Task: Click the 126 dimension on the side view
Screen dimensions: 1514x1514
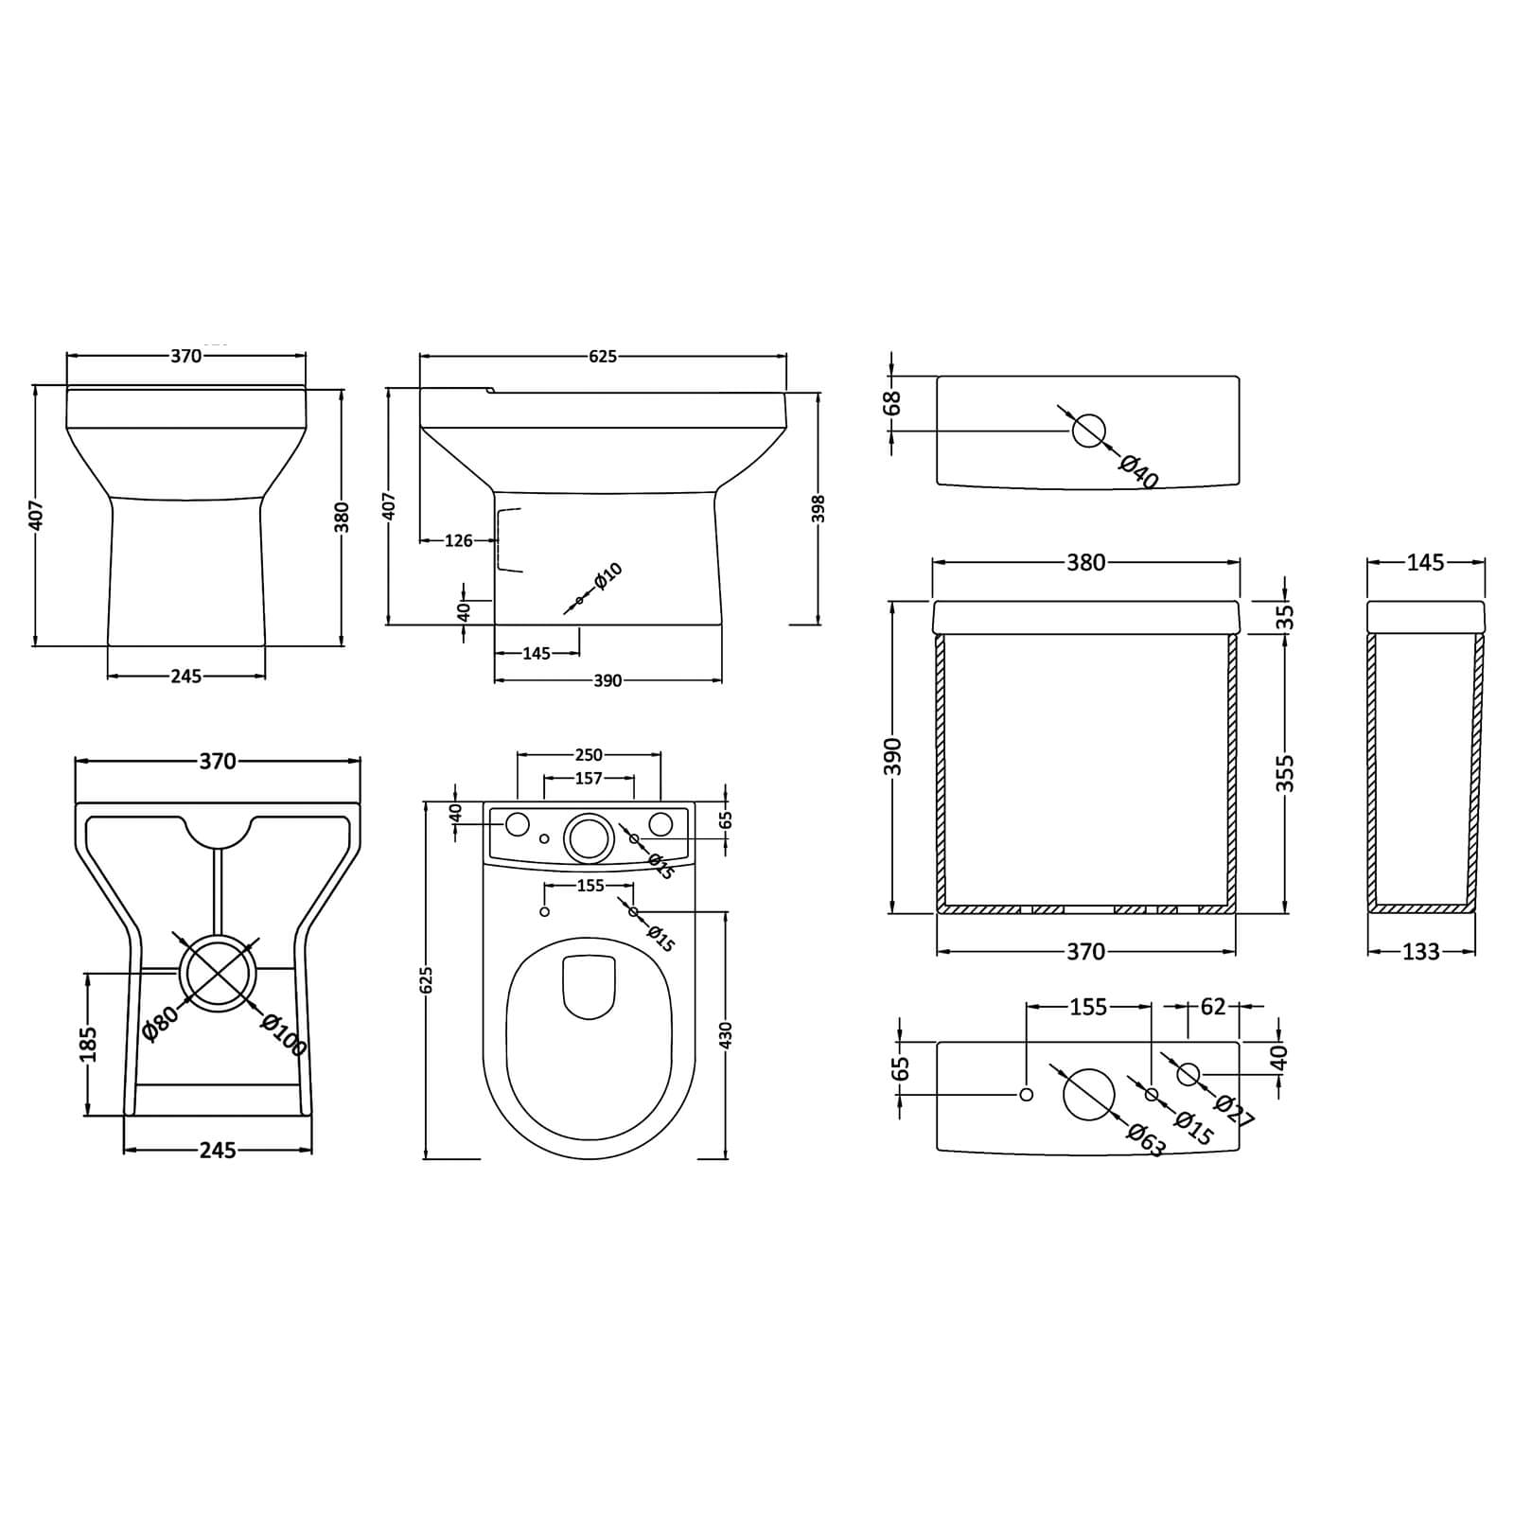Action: point(458,541)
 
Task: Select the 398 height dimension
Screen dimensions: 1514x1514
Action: point(819,508)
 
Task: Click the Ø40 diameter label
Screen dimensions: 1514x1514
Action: point(1138,471)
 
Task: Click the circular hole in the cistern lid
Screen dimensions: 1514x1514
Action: point(1088,431)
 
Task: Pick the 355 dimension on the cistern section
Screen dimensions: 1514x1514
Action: point(1285,774)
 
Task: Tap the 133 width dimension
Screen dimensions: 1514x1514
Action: point(1420,952)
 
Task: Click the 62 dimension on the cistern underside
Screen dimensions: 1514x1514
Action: point(1212,1007)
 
